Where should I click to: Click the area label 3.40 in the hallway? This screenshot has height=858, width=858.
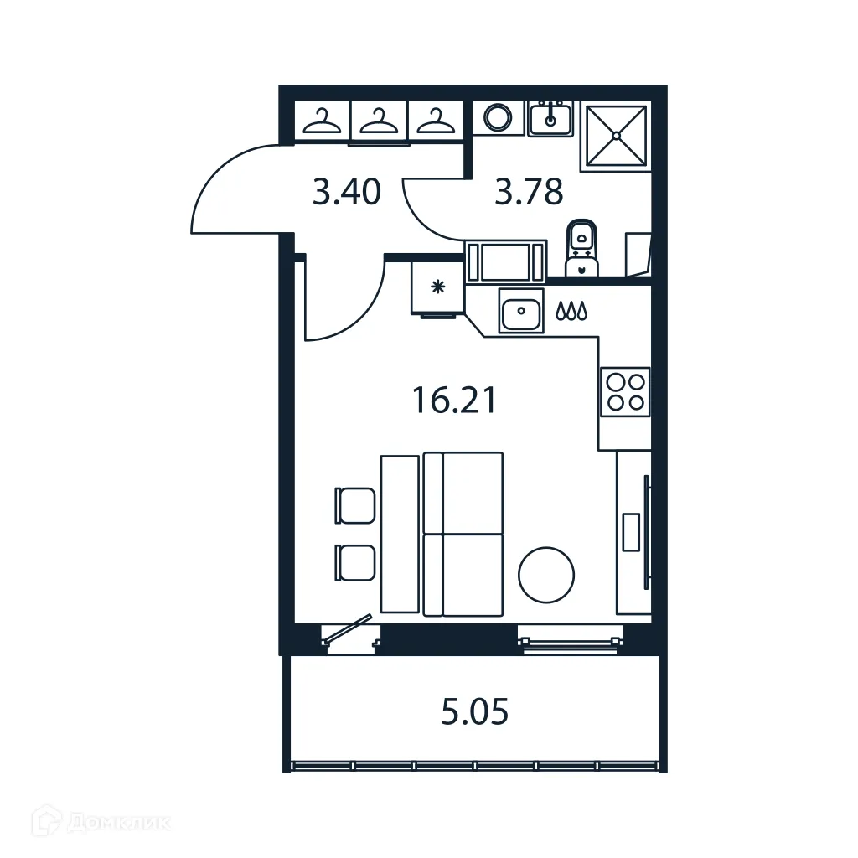point(346,194)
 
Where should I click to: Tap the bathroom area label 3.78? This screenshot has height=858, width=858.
point(529,193)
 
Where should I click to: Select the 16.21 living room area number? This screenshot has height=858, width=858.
point(454,401)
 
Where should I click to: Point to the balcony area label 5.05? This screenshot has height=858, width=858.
point(475,714)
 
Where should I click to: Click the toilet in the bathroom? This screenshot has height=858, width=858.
point(581,247)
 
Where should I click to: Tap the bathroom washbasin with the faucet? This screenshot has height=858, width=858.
point(550,118)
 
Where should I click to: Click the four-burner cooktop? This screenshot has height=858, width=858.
point(625,391)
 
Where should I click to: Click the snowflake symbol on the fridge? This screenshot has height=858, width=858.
point(437,288)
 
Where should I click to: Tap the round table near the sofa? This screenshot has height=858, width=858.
point(546,574)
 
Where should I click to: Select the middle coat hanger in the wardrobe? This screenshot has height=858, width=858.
point(379,122)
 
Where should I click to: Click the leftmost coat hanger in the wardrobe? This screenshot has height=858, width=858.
point(323,122)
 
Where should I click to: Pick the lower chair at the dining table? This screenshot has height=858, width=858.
point(355,561)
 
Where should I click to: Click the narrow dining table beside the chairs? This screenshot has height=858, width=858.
point(399,534)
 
